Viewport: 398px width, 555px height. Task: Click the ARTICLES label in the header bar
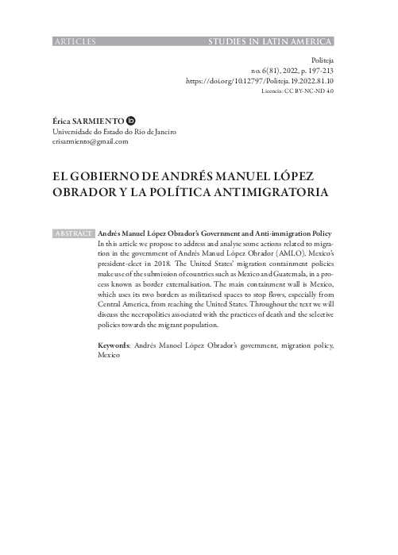click(73, 40)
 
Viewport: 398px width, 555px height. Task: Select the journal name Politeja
click(322, 59)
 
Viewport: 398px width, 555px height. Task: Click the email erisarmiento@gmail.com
click(89, 141)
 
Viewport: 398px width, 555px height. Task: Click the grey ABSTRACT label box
click(73, 234)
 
